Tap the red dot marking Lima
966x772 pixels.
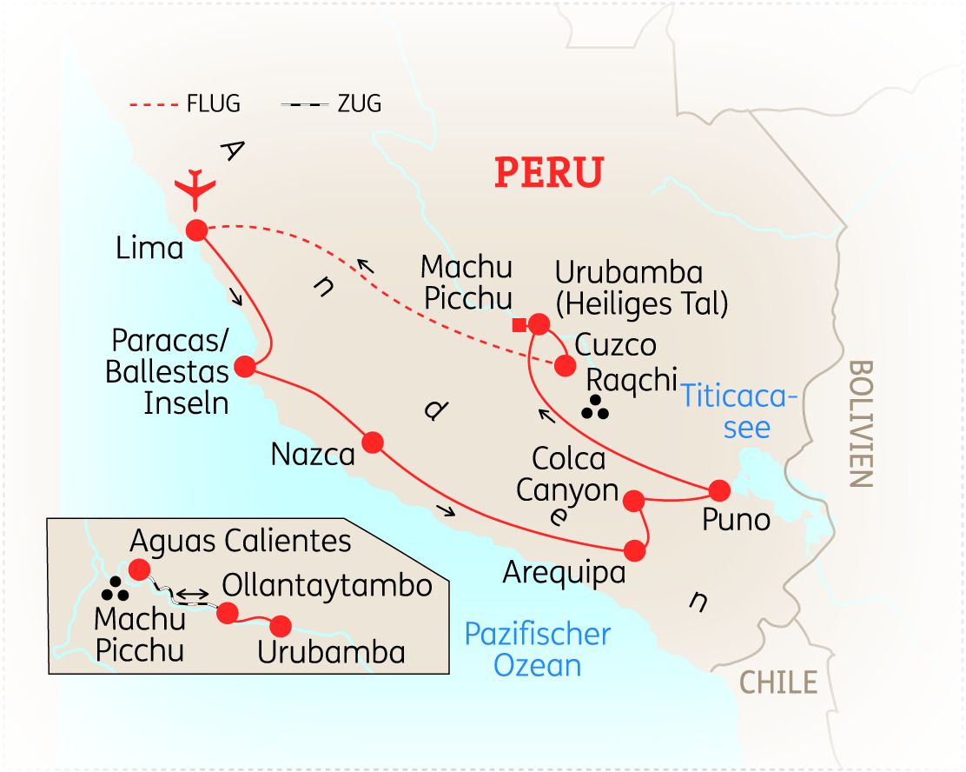pos(196,230)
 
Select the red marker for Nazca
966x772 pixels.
pos(373,443)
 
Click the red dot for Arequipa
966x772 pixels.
pos(635,550)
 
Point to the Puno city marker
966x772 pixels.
pos(720,489)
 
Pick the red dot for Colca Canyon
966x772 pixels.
pos(634,501)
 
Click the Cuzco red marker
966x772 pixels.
pos(566,365)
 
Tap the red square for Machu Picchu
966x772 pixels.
pos(519,325)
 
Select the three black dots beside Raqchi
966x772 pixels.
pos(595,408)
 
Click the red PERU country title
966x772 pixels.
pos(548,172)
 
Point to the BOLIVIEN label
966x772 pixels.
pos(861,423)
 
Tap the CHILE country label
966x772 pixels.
pos(778,682)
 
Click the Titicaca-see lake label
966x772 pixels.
pos(738,412)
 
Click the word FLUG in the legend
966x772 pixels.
pos(213,104)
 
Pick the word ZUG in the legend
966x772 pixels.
pos(360,104)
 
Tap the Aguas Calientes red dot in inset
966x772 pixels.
pos(139,569)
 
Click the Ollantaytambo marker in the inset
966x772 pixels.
pos(227,614)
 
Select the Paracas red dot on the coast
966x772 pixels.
pos(245,367)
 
